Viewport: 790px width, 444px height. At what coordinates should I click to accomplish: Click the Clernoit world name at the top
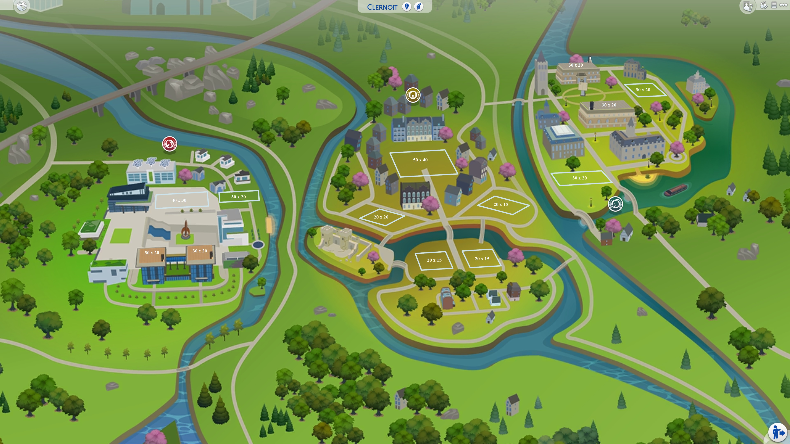[x=382, y=7]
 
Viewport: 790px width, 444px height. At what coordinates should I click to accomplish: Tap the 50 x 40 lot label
[x=420, y=160]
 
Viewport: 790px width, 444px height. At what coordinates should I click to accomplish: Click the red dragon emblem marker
[x=169, y=144]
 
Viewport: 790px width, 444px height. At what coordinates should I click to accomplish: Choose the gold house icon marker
[x=413, y=95]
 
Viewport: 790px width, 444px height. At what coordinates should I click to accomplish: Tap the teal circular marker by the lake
[x=615, y=204]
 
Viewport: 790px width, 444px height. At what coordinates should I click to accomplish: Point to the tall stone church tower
[x=541, y=75]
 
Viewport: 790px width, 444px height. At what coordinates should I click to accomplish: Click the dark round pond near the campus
[x=258, y=245]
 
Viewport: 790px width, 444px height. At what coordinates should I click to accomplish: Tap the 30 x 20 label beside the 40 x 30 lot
[x=239, y=197]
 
